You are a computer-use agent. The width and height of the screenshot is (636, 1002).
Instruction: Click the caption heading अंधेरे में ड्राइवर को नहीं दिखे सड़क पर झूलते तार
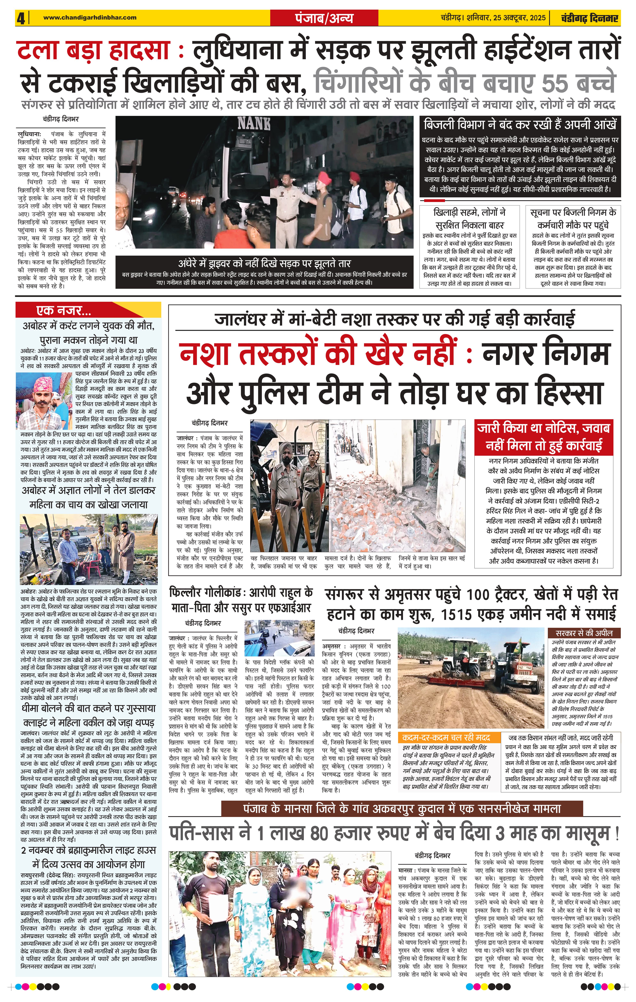click(x=264, y=263)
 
